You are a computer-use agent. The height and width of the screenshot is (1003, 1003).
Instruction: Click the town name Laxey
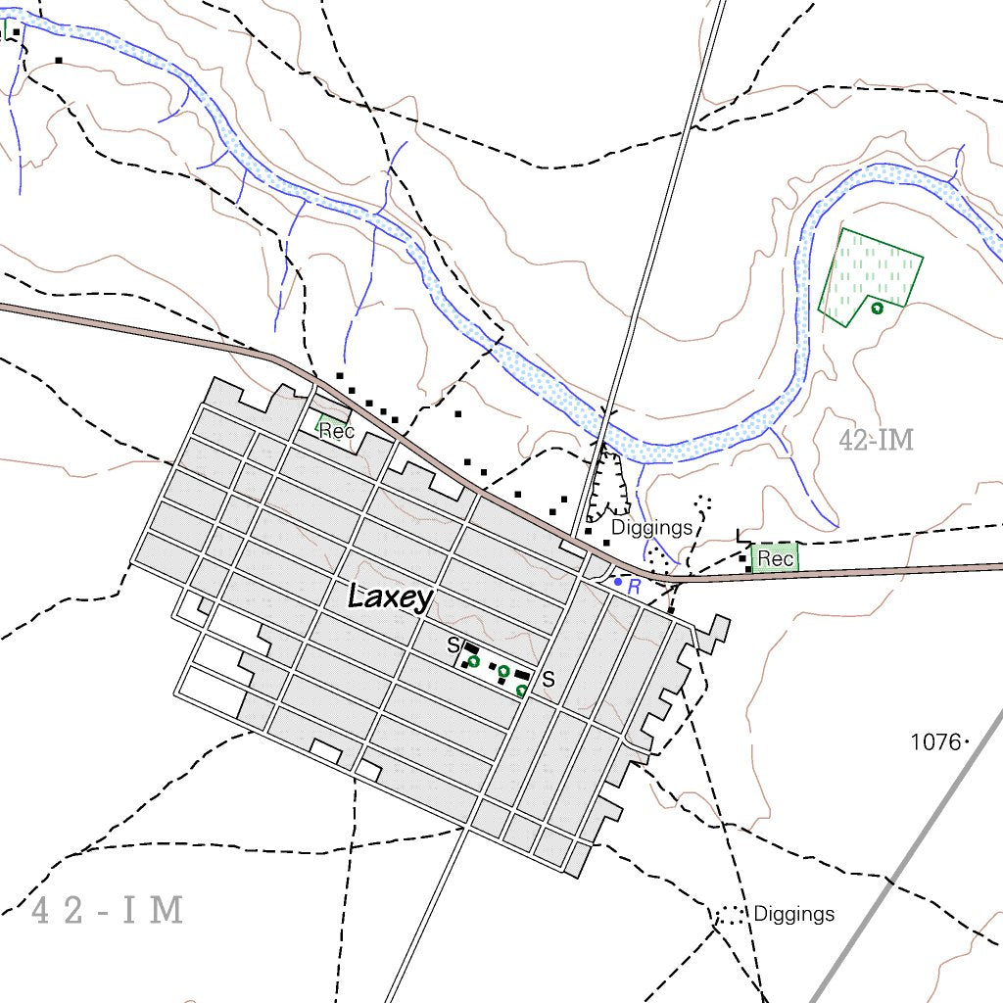[x=390, y=597]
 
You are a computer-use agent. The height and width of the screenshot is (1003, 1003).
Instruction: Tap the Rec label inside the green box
[x=775, y=559]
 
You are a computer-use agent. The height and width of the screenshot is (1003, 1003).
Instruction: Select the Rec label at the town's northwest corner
[x=336, y=432]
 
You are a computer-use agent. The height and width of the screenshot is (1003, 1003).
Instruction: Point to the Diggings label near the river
[x=651, y=528]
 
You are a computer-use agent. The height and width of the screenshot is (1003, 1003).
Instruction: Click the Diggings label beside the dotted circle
[x=793, y=914]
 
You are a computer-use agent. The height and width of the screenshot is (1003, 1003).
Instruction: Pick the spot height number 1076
[x=935, y=741]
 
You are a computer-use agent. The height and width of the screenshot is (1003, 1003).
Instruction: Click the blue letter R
[x=634, y=587]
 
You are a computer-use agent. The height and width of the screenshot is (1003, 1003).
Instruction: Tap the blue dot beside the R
[x=617, y=582]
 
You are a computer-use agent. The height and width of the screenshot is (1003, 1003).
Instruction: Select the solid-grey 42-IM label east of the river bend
[x=876, y=441]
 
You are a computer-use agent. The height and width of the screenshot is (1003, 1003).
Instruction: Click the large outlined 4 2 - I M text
[x=108, y=911]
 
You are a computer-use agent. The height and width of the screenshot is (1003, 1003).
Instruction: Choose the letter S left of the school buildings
[x=453, y=645]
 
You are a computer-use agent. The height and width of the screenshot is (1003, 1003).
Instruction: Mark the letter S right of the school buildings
[x=549, y=679]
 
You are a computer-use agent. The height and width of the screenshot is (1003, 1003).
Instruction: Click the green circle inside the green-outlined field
[x=877, y=308]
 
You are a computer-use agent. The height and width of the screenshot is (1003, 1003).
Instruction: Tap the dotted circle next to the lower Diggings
[x=730, y=916]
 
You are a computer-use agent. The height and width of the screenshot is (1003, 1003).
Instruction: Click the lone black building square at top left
[x=59, y=61]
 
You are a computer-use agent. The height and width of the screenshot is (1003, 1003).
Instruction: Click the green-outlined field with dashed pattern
[x=867, y=274]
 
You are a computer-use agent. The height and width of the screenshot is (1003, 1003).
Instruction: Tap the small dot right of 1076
[x=967, y=741]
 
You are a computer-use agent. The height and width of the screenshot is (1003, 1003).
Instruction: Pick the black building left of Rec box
[x=749, y=568]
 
